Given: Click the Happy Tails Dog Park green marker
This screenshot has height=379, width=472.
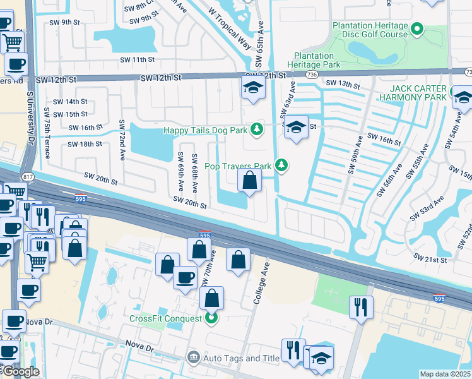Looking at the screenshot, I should (256, 129).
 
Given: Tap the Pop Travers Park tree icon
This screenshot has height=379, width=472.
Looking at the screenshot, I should (281, 166).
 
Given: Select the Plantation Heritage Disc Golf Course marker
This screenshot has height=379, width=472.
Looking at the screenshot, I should (416, 29).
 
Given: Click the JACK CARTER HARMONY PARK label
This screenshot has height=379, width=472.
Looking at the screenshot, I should (418, 93).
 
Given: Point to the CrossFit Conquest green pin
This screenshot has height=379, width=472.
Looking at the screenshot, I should (212, 318).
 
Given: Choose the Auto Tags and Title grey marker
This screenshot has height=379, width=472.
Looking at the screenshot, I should (193, 358).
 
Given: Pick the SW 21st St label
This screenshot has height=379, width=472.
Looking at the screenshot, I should (430, 259).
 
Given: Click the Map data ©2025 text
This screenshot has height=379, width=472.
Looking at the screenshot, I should (445, 373).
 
